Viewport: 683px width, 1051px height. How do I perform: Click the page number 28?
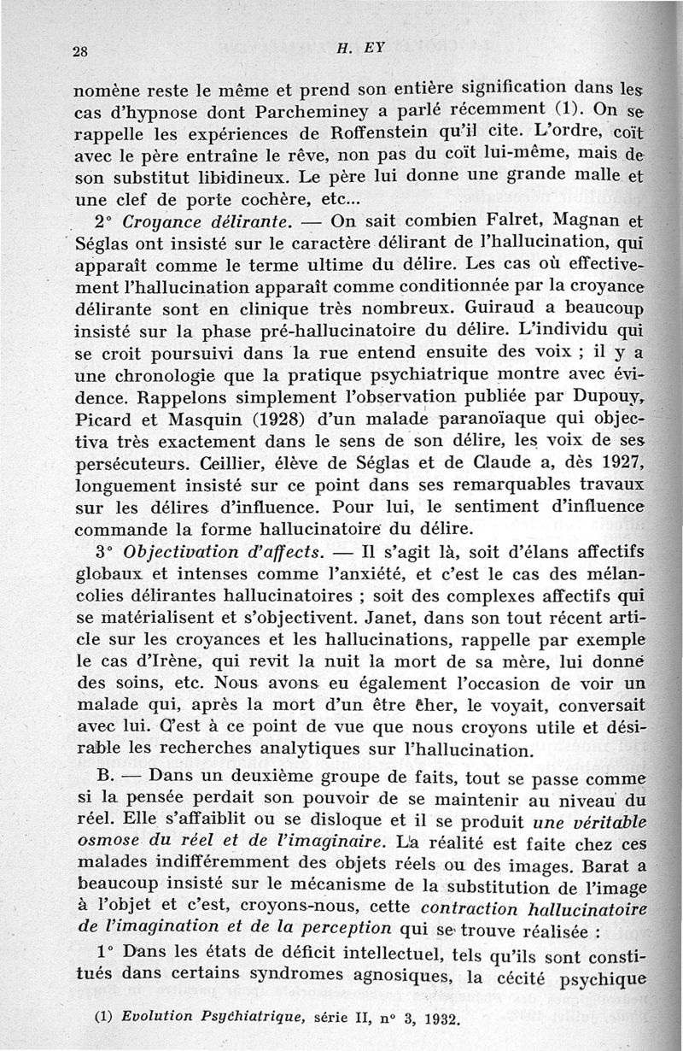point(81,50)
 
